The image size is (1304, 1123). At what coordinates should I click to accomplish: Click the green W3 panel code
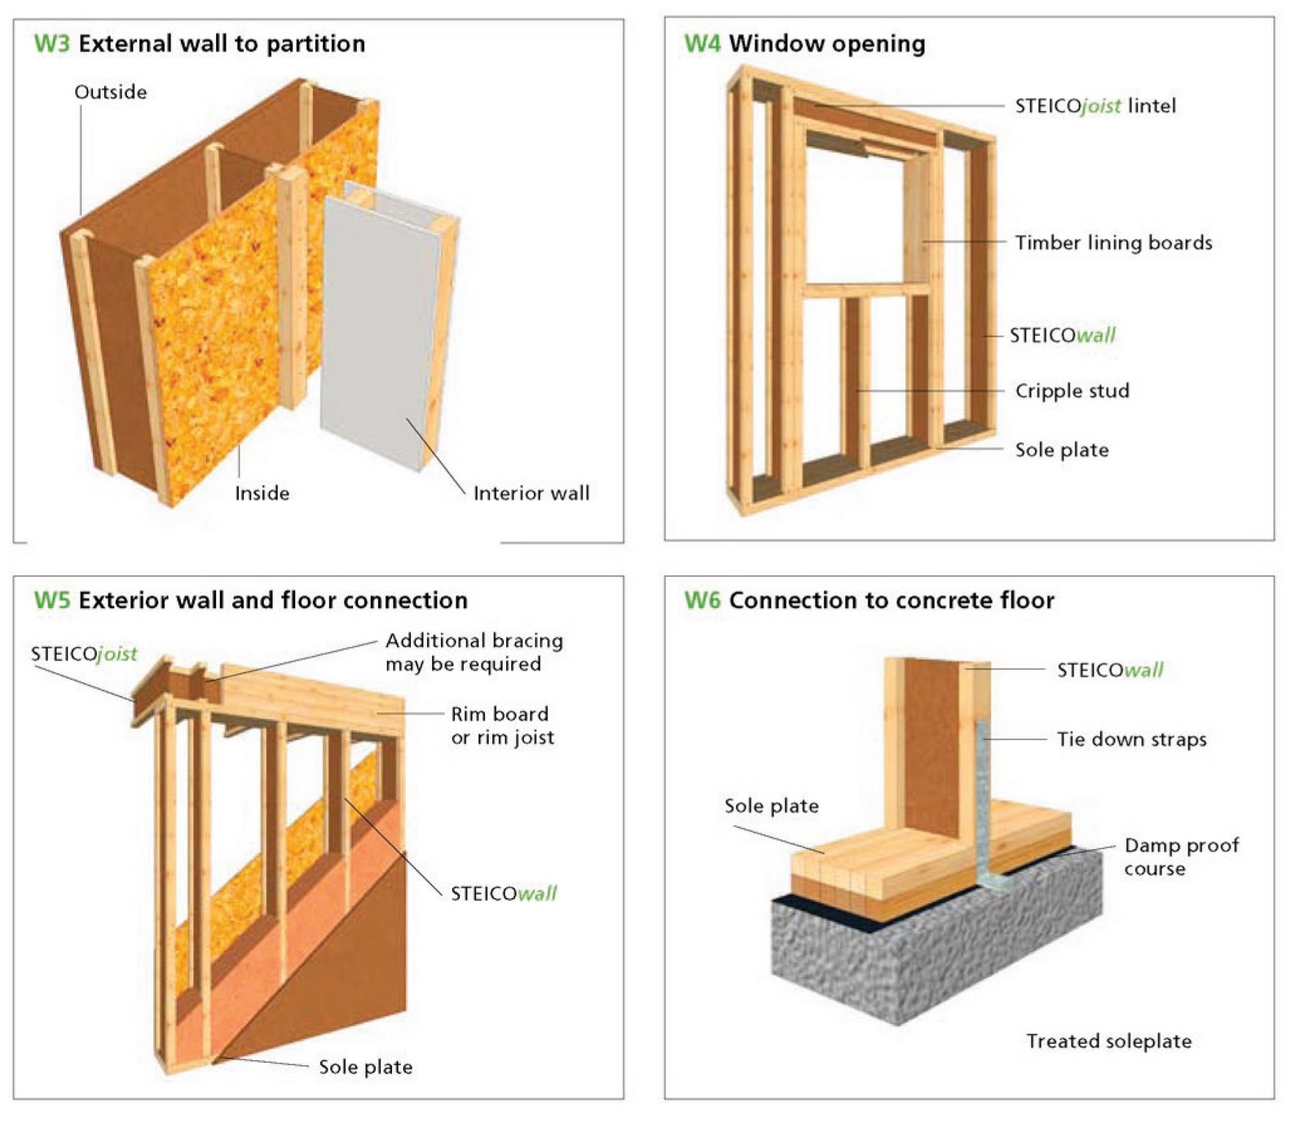coord(51,43)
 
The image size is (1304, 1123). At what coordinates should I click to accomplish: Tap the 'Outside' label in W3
coord(110,92)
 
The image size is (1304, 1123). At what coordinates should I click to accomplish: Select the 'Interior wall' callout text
coord(531,493)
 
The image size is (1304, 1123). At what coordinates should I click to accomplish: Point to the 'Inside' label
coord(262,493)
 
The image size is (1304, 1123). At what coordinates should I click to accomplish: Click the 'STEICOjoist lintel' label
coord(1095,106)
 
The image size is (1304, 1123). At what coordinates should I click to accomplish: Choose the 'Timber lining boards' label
coord(1112,243)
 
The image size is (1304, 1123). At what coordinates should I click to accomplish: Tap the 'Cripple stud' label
coord(1072,391)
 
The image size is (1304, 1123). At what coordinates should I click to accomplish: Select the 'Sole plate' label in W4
coord(1061,450)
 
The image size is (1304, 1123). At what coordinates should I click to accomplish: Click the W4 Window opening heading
coord(804,43)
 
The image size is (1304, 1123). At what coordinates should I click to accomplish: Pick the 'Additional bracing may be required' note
coord(474,652)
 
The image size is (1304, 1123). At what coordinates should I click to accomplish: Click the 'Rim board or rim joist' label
coord(502,725)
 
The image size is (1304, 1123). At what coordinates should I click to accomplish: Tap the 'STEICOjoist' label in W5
coord(84,654)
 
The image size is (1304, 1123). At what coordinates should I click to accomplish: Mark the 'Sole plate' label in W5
coord(365,1067)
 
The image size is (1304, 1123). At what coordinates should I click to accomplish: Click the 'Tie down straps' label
coord(1131,739)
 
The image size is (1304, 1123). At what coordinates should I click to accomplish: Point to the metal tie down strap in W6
coord(984,799)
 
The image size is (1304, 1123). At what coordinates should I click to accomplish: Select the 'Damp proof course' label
coord(1180,857)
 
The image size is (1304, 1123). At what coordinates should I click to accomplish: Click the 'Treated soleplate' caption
coord(1108,1041)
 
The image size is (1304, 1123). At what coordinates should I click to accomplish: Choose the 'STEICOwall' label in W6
coord(1109,671)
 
